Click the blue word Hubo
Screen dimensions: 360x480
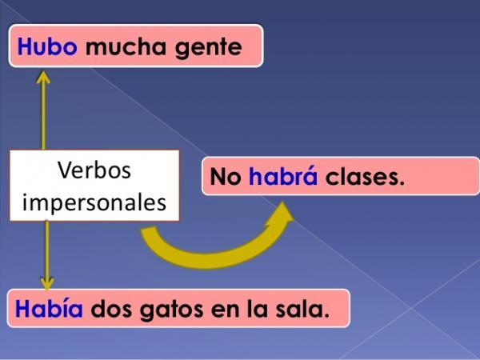coord(46,47)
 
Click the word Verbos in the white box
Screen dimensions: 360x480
coord(94,170)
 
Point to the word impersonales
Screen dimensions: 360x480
coord(94,201)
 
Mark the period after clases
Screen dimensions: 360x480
coord(401,184)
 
